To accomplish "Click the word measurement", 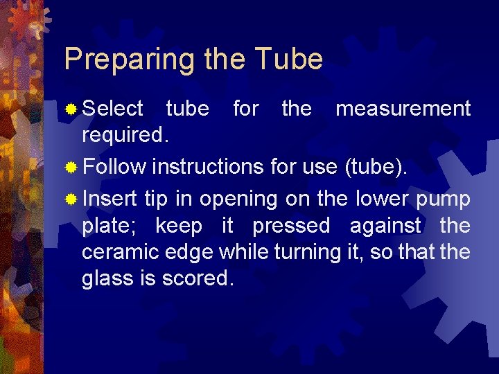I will tap(403, 109).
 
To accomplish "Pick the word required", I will tap(124, 135).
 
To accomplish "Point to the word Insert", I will tap(110, 199).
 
